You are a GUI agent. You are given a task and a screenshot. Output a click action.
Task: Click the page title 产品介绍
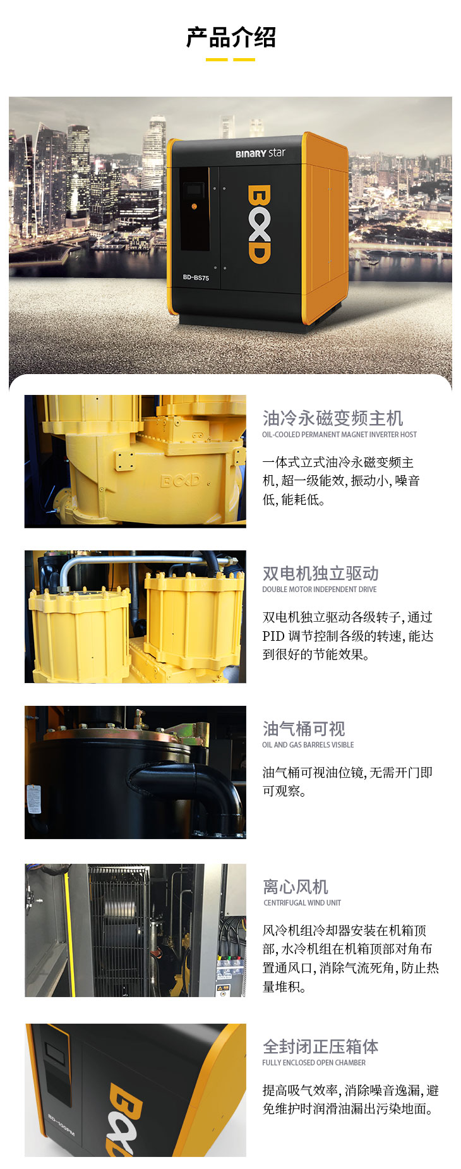pyautogui.click(x=230, y=37)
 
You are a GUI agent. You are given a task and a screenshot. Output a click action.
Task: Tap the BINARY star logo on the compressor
pyautogui.click(x=260, y=153)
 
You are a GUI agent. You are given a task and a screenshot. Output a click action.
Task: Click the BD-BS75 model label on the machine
pyautogui.click(x=196, y=277)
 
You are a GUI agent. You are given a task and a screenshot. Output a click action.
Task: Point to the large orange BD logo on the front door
pyautogui.click(x=259, y=224)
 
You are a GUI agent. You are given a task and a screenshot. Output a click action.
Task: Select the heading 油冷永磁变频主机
pyautogui.click(x=333, y=418)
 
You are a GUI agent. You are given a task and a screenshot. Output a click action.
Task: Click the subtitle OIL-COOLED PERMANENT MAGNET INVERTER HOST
pyautogui.click(x=339, y=435)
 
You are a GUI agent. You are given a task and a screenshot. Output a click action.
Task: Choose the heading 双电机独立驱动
pyautogui.click(x=321, y=573)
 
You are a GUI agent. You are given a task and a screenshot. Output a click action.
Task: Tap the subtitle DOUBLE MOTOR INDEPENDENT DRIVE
pyautogui.click(x=320, y=590)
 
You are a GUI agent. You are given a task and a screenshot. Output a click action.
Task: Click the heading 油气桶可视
pyautogui.click(x=304, y=729)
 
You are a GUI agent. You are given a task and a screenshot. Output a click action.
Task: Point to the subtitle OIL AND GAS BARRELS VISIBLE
pyautogui.click(x=308, y=745)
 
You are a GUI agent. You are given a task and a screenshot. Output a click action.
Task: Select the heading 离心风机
pyautogui.click(x=296, y=887)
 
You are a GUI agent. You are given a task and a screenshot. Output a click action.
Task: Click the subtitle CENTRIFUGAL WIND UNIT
pyautogui.click(x=302, y=903)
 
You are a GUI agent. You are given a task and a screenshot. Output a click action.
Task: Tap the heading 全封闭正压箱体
pyautogui.click(x=321, y=1046)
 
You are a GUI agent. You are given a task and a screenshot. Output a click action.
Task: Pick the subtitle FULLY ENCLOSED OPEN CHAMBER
pyautogui.click(x=314, y=1063)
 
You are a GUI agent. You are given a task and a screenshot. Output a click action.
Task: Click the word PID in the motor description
pyautogui.click(x=273, y=636)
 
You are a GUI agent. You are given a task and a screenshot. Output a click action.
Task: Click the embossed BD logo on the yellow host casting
pyautogui.click(x=180, y=481)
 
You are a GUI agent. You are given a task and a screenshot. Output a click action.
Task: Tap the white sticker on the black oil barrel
pyautogui.click(x=33, y=799)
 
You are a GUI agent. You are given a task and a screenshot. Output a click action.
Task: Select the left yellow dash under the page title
pyautogui.click(x=217, y=60)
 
